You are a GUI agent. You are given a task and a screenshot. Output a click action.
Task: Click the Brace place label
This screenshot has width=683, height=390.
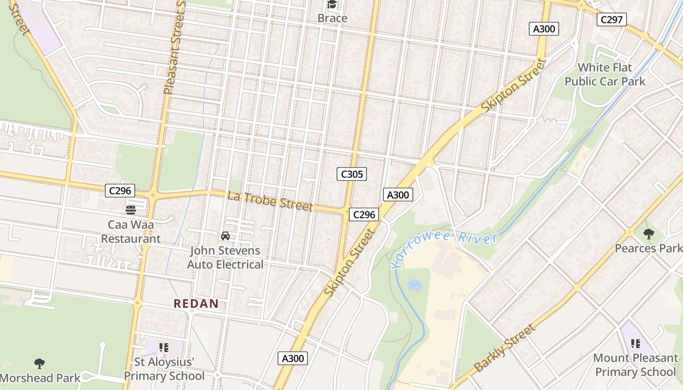(332, 18)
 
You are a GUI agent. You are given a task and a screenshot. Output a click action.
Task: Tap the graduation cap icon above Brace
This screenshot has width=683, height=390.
(332, 5)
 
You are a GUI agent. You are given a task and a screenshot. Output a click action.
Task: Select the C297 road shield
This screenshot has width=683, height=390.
(612, 19)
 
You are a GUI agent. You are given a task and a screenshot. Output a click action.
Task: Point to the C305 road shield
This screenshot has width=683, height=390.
(351, 174)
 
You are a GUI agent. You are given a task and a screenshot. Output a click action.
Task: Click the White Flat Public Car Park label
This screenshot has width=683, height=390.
(605, 74)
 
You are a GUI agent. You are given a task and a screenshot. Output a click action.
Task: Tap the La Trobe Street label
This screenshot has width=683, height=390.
(270, 201)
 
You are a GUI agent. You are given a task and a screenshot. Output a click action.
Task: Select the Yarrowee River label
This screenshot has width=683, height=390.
(444, 250)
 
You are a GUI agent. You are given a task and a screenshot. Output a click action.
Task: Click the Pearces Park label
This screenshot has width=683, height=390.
(648, 248)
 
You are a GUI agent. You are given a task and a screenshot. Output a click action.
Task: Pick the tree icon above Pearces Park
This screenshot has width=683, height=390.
(648, 234)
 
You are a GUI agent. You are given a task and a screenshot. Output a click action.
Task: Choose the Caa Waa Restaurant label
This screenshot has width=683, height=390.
(130, 232)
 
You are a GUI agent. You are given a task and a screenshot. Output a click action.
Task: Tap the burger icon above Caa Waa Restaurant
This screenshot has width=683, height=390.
(130, 210)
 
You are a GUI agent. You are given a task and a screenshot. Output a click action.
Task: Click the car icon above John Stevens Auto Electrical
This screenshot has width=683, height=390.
(225, 236)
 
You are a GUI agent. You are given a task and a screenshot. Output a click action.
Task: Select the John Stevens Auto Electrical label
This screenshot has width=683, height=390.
(225, 257)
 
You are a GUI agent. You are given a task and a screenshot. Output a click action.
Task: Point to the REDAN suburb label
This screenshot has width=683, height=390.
(196, 304)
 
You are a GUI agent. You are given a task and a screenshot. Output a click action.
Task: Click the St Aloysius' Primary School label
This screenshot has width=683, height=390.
(164, 369)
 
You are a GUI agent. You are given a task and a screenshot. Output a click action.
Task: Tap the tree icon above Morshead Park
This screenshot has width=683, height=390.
(40, 363)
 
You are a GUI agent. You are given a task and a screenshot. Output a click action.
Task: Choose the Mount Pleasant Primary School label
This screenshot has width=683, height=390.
(635, 365)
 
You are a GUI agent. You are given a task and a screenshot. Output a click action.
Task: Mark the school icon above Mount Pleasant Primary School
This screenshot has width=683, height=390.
(635, 344)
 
